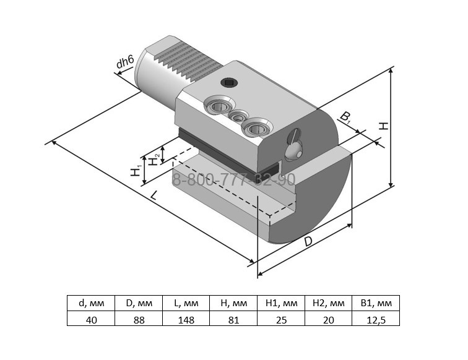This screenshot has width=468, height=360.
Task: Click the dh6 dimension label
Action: tap(125, 62)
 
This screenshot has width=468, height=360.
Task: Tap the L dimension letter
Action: tap(154, 195)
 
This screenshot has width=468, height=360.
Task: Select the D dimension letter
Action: tap(308, 241)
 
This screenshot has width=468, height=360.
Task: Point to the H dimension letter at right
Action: tap(384, 126)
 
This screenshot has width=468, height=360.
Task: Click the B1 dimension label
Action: tap(345, 117)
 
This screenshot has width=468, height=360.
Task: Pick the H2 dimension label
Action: tap(154, 159)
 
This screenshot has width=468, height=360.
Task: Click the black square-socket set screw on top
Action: tap(229, 83)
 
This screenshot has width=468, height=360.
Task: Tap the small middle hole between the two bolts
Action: tap(238, 116)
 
